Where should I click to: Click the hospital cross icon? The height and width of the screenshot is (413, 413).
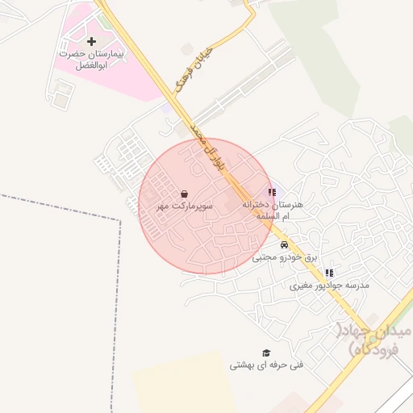click(x=91, y=40)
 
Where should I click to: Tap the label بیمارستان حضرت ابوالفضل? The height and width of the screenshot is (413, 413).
click(x=90, y=59)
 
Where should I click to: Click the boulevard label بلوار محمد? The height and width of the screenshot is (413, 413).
click(x=207, y=139)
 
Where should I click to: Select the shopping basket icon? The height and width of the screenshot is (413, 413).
click(x=186, y=194)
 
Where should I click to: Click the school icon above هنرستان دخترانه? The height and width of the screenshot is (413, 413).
click(x=272, y=193)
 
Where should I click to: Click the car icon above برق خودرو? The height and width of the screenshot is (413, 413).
click(x=284, y=244)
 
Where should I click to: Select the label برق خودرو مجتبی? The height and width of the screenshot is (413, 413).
click(x=277, y=257)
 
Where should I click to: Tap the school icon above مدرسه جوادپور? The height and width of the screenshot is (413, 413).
click(x=328, y=273)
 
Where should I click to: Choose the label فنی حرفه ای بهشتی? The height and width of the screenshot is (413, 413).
click(x=266, y=365)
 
